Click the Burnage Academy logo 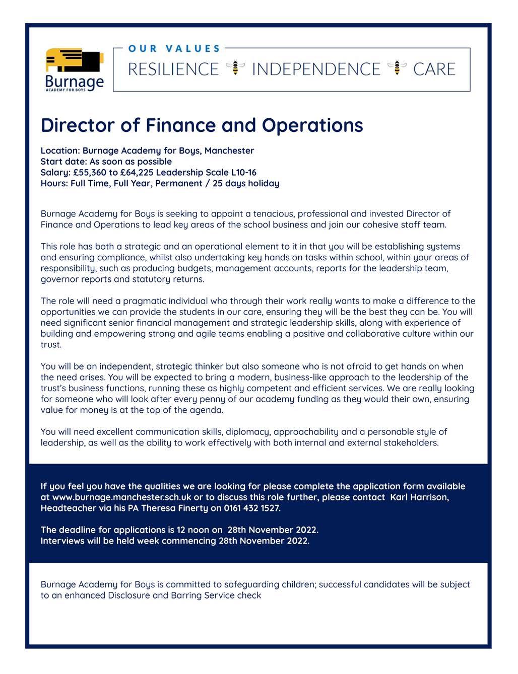click(75, 69)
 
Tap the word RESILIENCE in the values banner click(173, 69)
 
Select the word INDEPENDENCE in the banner click(316, 69)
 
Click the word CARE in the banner click(434, 69)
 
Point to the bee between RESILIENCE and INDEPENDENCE click(235, 67)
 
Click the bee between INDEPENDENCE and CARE click(397, 67)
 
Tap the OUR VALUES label click(174, 49)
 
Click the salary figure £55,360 click(89, 173)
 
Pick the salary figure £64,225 click(137, 173)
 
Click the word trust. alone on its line click(51, 345)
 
